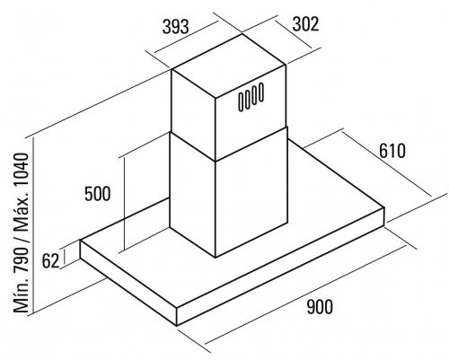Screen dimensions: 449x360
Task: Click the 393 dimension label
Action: pyautogui.click(x=176, y=27)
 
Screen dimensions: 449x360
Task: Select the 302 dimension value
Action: pyautogui.click(x=305, y=24)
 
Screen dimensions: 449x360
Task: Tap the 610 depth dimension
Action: pyautogui.click(x=392, y=151)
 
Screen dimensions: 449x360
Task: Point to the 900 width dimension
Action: pyautogui.click(x=320, y=307)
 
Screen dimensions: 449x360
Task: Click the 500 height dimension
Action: pyautogui.click(x=98, y=194)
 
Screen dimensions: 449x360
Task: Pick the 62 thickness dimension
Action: pyautogui.click(x=50, y=261)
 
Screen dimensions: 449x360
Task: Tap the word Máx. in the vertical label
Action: pyautogui.click(x=22, y=216)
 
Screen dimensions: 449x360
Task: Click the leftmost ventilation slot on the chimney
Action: pyautogui.click(x=242, y=101)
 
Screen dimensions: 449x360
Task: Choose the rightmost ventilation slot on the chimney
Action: pyautogui.click(x=261, y=92)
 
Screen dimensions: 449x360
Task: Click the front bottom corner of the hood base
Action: pyautogui.click(x=177, y=326)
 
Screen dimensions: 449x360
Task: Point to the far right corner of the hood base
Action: pyautogui.click(x=384, y=207)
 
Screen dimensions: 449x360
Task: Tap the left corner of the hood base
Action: pyautogui.click(x=80, y=241)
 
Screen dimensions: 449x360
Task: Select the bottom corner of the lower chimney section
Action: pyautogui.click(x=216, y=258)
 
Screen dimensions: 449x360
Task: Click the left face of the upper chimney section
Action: pyautogui.click(x=193, y=115)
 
